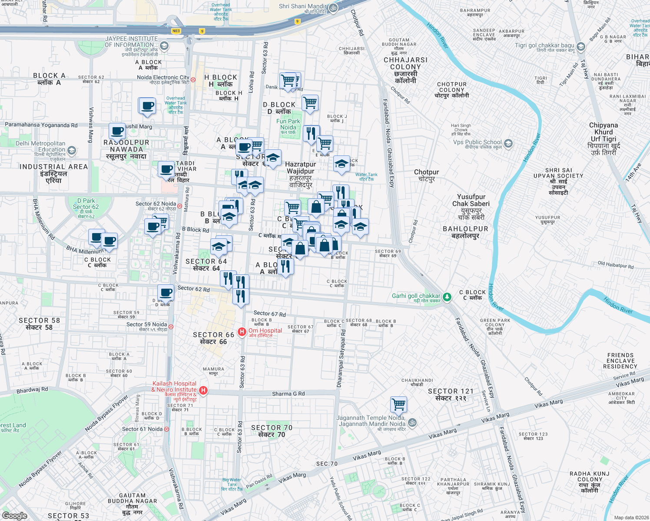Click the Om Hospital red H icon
[x=242, y=332]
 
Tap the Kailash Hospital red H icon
[x=202, y=390]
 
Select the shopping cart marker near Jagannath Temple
[x=398, y=404]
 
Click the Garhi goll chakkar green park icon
[x=447, y=297]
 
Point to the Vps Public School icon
[x=508, y=143]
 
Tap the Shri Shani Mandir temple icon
[x=333, y=8]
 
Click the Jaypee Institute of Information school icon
[x=164, y=46]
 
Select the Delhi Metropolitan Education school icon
[x=72, y=150]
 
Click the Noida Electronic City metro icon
[x=193, y=79]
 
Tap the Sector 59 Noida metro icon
[x=171, y=326]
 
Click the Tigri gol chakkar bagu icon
[x=580, y=46]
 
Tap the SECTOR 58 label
[x=39, y=324]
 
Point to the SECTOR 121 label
[x=451, y=394]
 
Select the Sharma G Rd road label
[x=288, y=394]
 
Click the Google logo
[x=14, y=515]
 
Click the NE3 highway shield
[x=176, y=31]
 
